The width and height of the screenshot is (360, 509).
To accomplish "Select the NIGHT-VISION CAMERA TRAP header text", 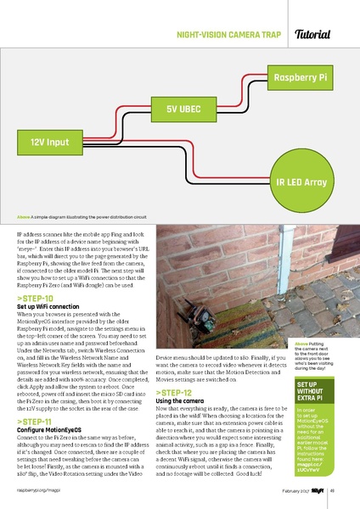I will point(228,36).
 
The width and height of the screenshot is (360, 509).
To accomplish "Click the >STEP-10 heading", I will point(35,299).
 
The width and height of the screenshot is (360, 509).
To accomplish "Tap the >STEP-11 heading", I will point(35,421).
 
